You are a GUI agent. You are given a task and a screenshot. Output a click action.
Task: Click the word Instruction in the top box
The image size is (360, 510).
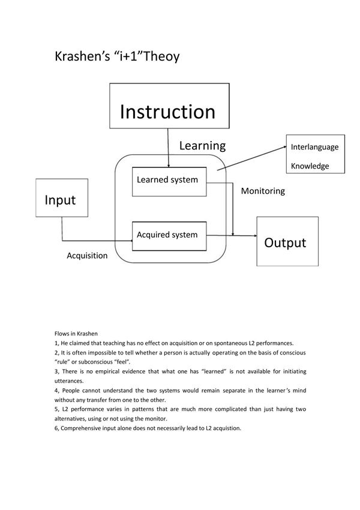(x=167, y=112)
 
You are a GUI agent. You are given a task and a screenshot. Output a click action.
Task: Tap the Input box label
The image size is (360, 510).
(x=60, y=200)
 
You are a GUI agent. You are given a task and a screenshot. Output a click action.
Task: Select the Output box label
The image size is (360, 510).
(x=285, y=242)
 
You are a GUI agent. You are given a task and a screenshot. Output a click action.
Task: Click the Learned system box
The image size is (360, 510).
(x=167, y=179)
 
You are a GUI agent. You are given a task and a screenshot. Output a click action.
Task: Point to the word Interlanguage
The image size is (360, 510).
(x=314, y=147)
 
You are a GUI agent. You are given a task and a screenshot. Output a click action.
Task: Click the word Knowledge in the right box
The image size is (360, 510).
(x=310, y=166)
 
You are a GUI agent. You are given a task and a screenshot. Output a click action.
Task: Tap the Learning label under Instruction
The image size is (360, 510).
(x=202, y=145)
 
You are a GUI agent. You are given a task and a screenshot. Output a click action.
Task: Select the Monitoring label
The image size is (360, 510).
(x=263, y=191)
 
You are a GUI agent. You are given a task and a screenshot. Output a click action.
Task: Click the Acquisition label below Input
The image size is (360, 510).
(x=87, y=256)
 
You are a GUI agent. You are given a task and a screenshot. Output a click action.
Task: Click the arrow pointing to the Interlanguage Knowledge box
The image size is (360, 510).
(x=252, y=158)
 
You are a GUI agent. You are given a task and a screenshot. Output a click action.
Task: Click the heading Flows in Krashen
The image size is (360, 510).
(x=76, y=333)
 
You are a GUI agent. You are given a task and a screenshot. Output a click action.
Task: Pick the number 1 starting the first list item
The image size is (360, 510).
(x=56, y=343)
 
